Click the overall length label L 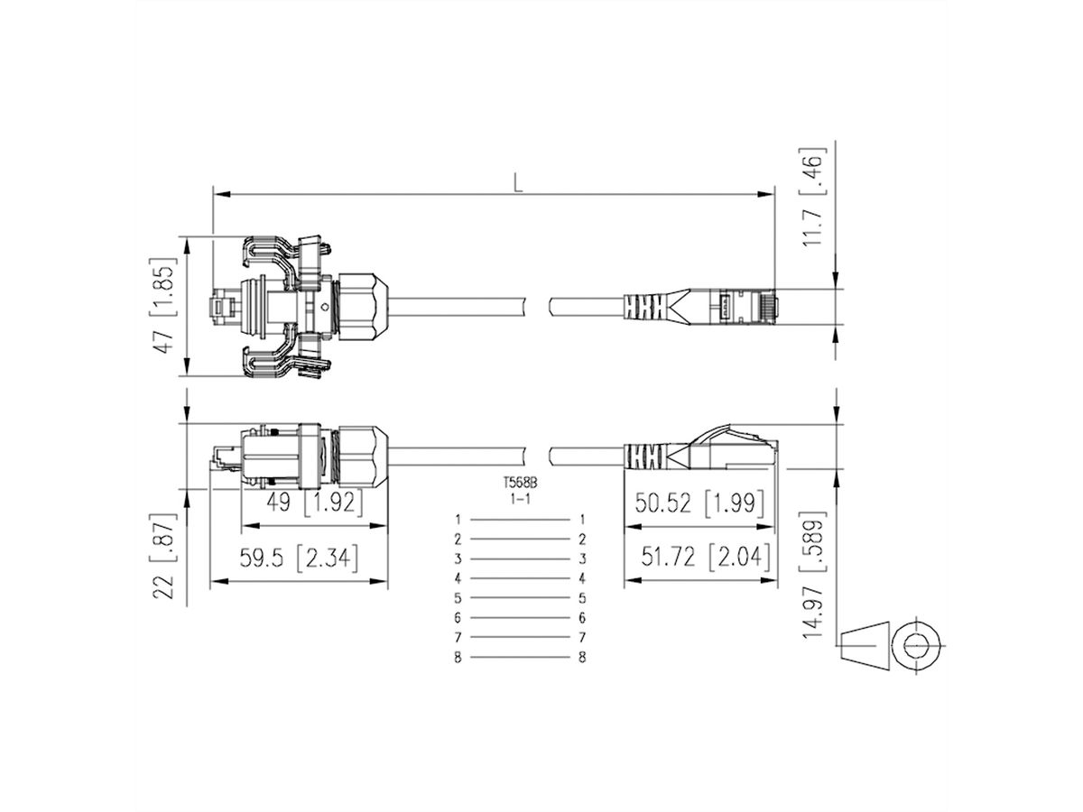coord(517,182)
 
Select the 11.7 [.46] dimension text coord(814,196)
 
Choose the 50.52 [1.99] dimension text coord(699,503)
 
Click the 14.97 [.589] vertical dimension coord(814,577)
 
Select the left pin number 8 coord(458,658)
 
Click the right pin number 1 coord(582,520)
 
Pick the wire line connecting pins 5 coord(520,598)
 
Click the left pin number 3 coord(458,559)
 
